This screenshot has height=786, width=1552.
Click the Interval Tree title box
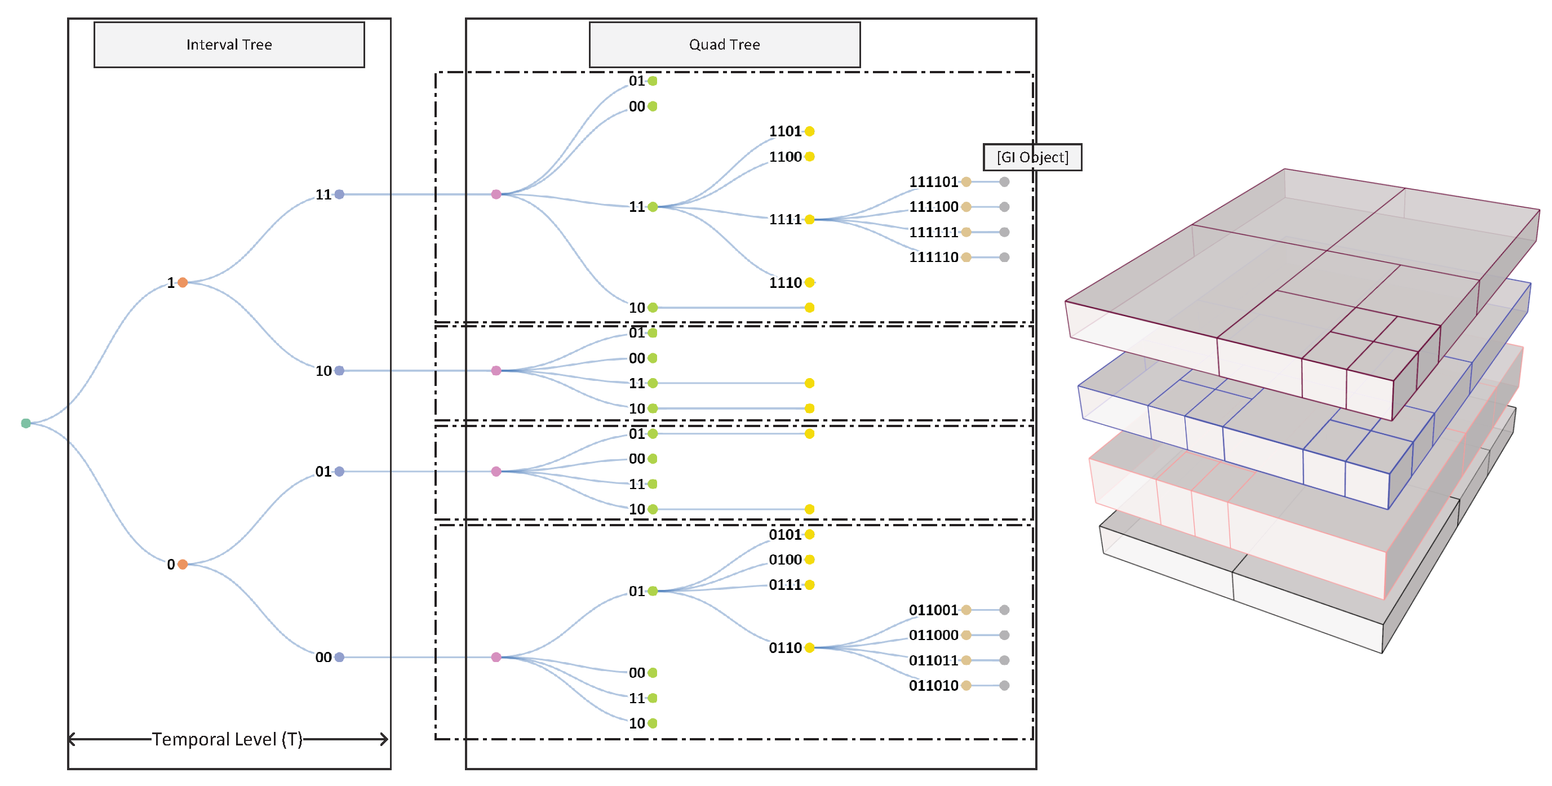pos(229,45)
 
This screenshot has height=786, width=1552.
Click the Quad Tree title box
pos(724,45)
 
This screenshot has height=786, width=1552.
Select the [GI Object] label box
pos(1032,157)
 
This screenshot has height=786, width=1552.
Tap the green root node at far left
pos(26,423)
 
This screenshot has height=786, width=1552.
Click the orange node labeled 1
pos(183,282)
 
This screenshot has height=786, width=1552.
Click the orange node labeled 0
pos(183,565)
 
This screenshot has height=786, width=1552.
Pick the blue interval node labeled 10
pos(339,370)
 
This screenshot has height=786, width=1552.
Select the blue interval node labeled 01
pos(339,472)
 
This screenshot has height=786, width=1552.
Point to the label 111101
pos(933,182)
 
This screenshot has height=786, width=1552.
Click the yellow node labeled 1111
pos(810,219)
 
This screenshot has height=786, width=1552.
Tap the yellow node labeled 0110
pos(810,648)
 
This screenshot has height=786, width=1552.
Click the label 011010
pos(933,685)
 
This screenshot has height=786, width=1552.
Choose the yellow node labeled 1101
pos(810,131)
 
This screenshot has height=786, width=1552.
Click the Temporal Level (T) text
pos(227,739)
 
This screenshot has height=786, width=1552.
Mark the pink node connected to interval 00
pos(496,657)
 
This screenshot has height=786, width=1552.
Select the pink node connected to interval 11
pos(496,194)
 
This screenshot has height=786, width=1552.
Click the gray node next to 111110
pos(1004,257)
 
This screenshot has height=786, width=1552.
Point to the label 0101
pos(785,534)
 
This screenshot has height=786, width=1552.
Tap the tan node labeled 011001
pos(966,610)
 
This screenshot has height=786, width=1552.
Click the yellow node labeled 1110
pos(810,282)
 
